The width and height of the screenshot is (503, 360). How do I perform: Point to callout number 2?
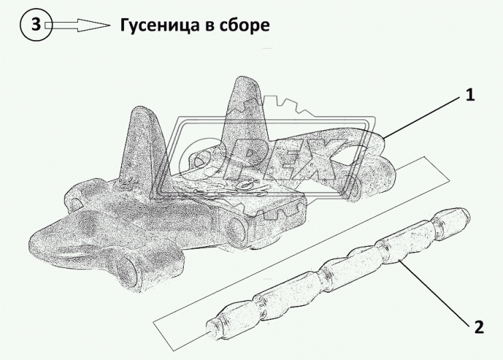pos(479,327)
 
